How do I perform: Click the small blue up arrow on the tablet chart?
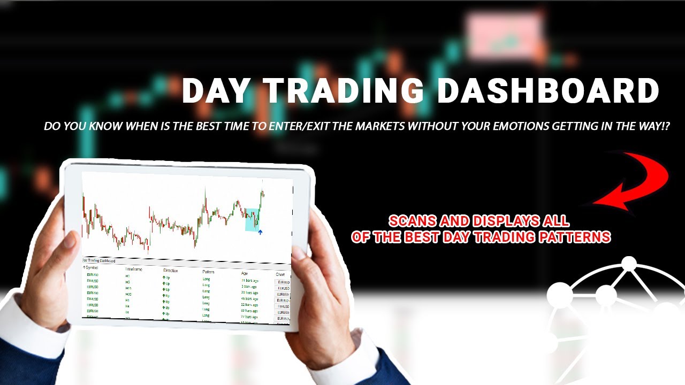pyautogui.click(x=260, y=232)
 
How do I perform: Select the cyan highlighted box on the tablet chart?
pyautogui.click(x=252, y=219)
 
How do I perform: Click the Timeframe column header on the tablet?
pyautogui.click(x=134, y=269)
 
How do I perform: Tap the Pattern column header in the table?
pyautogui.click(x=209, y=272)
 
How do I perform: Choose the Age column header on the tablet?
pyautogui.click(x=245, y=273)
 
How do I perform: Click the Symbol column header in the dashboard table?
pyautogui.click(x=92, y=267)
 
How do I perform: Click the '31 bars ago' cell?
pyautogui.click(x=250, y=280)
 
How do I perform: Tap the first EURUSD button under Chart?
pyautogui.click(x=282, y=282)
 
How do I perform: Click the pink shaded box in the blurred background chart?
pyautogui.click(x=503, y=36)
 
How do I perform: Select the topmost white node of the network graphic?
pyautogui.click(x=629, y=264)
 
